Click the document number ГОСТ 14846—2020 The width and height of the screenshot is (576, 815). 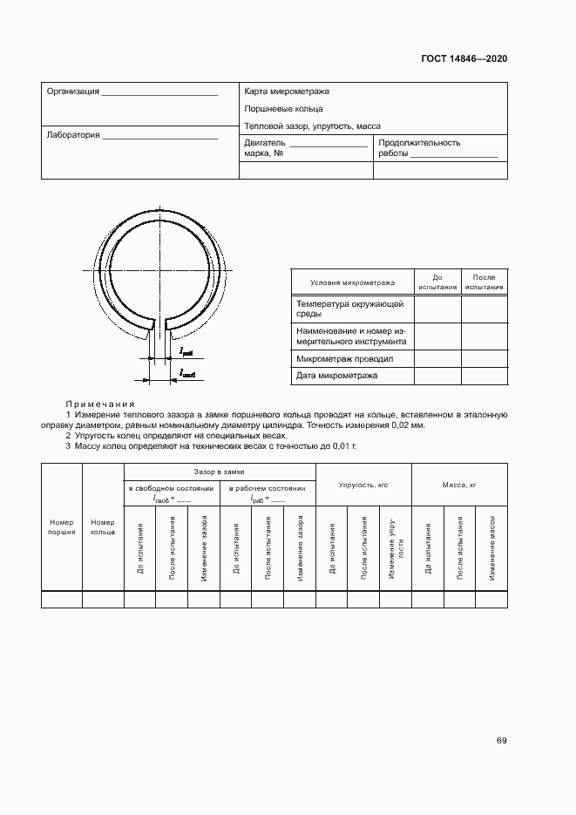[x=464, y=59]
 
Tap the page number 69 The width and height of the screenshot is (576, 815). [x=501, y=741]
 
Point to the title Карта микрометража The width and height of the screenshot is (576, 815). [x=287, y=91]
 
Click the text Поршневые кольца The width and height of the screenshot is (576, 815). [x=283, y=109]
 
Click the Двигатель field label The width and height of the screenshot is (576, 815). [x=265, y=143]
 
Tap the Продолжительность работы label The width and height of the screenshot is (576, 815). [x=419, y=147]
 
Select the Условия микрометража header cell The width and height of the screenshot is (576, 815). [x=351, y=282]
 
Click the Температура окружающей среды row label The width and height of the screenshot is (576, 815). [x=349, y=309]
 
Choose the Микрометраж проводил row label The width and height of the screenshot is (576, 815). [x=345, y=358]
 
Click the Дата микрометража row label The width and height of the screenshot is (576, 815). [x=336, y=376]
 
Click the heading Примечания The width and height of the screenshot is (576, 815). [x=99, y=404]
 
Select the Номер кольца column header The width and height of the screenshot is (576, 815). [x=103, y=526]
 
